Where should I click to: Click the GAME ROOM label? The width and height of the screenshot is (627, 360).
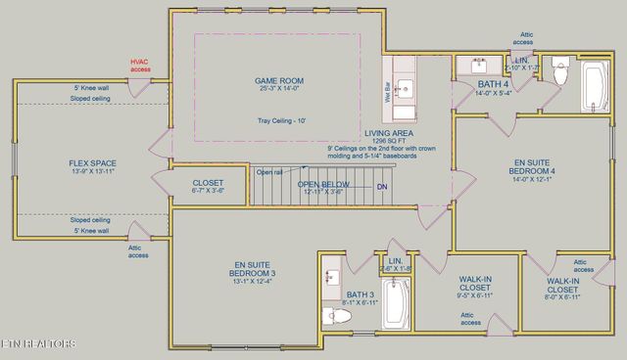279,80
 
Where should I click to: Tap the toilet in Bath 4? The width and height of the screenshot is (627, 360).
561,73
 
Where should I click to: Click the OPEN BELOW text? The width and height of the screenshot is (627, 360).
323,184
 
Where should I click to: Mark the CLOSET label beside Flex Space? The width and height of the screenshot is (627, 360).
208,182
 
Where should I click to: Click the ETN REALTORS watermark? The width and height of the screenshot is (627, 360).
39,343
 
